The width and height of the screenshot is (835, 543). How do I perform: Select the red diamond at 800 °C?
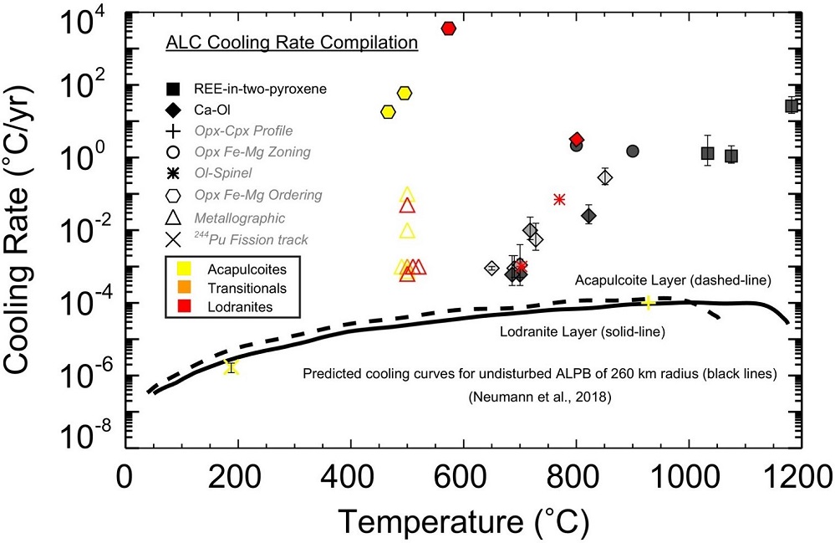(576, 139)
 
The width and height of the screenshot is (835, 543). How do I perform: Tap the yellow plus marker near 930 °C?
(648, 302)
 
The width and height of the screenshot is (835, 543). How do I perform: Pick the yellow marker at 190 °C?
(232, 366)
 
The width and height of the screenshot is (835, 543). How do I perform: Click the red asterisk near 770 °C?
(559, 199)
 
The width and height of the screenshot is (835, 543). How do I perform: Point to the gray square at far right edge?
(792, 105)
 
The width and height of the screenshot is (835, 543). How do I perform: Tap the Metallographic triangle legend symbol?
(173, 218)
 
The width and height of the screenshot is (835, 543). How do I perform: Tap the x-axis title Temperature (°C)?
(463, 522)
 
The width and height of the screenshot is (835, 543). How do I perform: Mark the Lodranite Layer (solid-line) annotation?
(583, 332)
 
